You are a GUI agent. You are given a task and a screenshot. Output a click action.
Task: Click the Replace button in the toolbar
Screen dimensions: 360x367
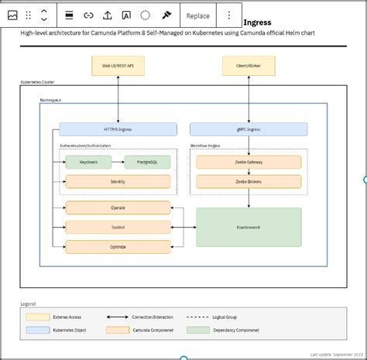[x=197, y=15]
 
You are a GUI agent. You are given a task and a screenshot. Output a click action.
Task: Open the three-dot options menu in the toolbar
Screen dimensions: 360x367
[x=228, y=15]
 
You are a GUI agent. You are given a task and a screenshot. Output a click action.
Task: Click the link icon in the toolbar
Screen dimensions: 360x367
[x=88, y=15]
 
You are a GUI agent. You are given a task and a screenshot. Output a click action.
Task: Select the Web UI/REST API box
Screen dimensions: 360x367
[x=118, y=67]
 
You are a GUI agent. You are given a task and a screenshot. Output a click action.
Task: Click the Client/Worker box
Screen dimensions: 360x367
[x=249, y=67]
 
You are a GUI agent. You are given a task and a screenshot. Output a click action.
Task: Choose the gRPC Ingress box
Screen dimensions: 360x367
[x=248, y=129]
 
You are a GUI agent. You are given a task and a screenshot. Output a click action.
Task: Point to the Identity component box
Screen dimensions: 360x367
[x=118, y=181]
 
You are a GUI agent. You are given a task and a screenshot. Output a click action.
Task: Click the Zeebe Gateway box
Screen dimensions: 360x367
[x=249, y=162]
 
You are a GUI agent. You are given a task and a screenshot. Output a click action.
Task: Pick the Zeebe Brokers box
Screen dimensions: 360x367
[x=249, y=181]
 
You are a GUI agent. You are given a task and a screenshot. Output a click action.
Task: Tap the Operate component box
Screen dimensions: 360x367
[x=118, y=207]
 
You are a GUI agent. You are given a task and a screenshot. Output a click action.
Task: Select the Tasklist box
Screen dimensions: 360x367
[x=118, y=227]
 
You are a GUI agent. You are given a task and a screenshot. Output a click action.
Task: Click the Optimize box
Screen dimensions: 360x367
[x=118, y=246]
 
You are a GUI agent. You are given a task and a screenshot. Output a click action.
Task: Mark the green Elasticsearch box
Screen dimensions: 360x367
[x=249, y=227]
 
